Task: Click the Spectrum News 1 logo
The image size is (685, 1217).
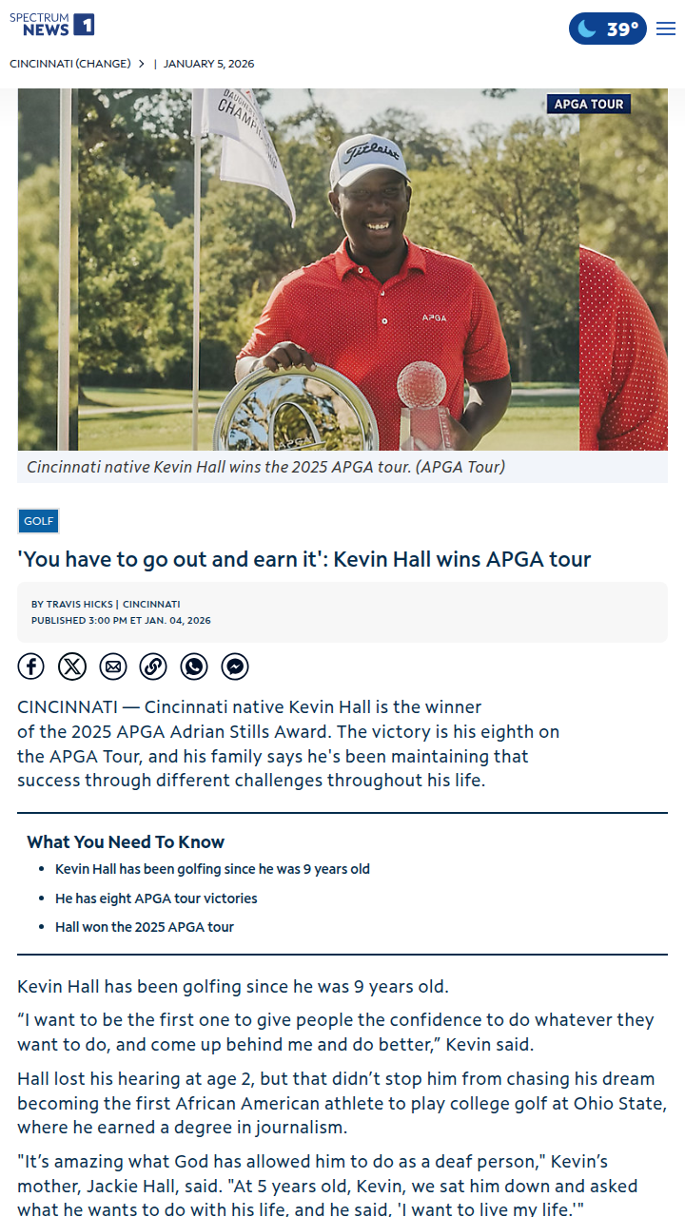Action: [51, 25]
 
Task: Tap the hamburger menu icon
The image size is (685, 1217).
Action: [666, 29]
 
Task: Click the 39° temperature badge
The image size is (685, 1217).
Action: [608, 29]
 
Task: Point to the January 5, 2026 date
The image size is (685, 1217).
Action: [208, 64]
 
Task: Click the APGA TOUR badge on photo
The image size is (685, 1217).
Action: [589, 104]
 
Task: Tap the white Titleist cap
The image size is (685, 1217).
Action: [369, 159]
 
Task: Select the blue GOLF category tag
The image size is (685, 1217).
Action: [39, 521]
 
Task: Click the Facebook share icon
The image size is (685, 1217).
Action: [31, 666]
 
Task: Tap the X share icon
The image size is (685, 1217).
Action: [72, 666]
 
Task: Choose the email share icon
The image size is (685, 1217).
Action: [113, 666]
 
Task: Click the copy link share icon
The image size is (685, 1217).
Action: [153, 666]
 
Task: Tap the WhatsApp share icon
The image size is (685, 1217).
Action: [194, 666]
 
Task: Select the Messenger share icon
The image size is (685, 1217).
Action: [235, 666]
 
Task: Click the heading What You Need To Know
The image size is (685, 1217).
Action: [126, 841]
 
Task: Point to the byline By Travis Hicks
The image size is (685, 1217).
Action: [72, 604]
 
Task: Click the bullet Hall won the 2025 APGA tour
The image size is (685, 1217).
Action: [145, 927]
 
